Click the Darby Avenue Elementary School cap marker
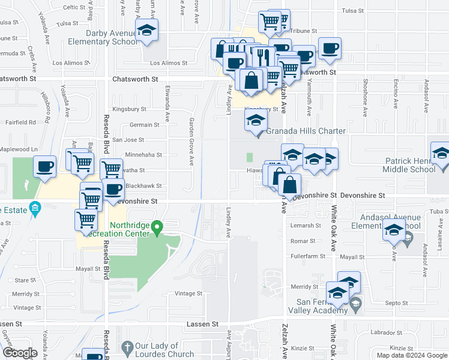click(x=146, y=30)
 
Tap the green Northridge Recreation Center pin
click(x=157, y=227)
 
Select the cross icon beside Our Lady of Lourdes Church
click(x=127, y=347)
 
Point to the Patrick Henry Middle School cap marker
click(x=441, y=152)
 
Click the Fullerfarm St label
click(x=307, y=256)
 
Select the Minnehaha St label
click(x=142, y=155)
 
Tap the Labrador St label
click(x=385, y=332)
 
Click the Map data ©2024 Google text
click(x=412, y=355)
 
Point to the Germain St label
click(x=145, y=125)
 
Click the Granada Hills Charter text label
click(x=306, y=131)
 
